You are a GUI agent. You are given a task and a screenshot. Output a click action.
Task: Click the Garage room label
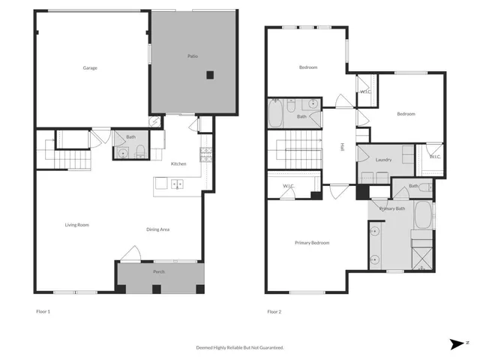(90, 68)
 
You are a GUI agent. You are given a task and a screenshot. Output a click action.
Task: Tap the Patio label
(193, 56)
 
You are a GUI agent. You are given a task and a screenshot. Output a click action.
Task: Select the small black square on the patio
(211, 74)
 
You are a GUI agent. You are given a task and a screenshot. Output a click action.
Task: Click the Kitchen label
(178, 164)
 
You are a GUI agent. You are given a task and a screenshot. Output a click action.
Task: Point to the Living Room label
(77, 224)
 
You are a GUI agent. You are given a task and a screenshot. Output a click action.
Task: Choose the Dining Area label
(157, 229)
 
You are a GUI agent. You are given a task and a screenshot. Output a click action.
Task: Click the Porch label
(159, 271)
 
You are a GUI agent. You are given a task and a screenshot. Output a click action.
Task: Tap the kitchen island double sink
(177, 183)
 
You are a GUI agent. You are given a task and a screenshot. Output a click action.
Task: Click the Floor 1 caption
(43, 311)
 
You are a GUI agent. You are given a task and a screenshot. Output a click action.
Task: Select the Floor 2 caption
(274, 311)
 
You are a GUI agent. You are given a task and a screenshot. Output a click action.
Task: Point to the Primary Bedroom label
(312, 243)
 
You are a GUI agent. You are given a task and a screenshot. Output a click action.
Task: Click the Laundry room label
(384, 160)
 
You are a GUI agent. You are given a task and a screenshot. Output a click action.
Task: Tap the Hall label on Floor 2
(342, 147)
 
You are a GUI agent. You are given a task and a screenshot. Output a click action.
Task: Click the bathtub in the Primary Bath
(424, 216)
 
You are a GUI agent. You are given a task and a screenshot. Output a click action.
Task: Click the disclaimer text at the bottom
(240, 347)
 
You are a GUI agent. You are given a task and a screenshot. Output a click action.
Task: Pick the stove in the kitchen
(204, 154)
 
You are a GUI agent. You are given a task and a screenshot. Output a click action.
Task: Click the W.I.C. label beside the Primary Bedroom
(288, 186)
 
